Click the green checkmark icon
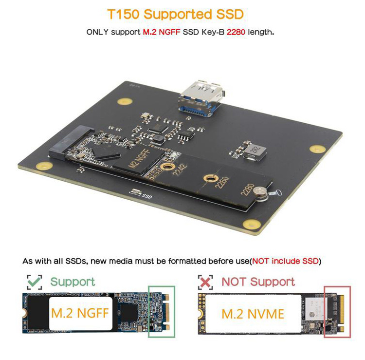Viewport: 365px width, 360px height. tap(34, 281)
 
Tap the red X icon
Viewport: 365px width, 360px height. tap(205, 281)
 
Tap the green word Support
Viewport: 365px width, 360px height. tap(73, 281)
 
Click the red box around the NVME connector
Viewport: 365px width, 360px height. tap(336, 312)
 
